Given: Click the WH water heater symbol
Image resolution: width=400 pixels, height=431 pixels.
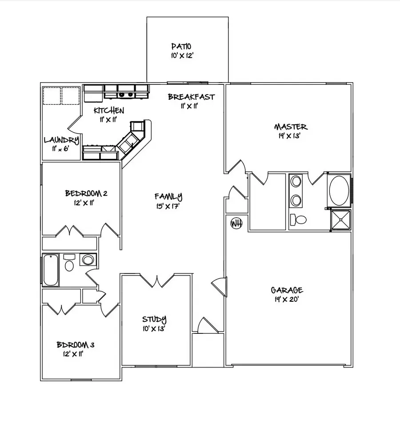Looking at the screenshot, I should point(236,223).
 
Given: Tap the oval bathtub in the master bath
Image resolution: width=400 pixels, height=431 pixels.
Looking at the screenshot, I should point(339,191).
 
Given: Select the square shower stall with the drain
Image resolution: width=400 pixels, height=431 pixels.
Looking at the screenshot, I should point(341,219).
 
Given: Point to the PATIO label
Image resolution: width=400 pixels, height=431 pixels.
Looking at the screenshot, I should point(182,47).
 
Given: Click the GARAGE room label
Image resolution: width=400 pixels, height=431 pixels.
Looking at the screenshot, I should point(287,290).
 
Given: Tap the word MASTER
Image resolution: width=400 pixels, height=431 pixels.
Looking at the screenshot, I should point(290,127).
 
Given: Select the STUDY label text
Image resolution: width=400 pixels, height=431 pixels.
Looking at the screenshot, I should point(154,319).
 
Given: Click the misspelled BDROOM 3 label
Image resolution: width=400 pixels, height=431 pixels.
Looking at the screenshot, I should point(75,345).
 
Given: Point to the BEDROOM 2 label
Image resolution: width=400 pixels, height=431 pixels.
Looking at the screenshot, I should point(86,193).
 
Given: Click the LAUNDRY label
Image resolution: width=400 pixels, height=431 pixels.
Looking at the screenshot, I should point(61,140).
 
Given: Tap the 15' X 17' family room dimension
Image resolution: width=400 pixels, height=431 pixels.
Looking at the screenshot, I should point(168,206).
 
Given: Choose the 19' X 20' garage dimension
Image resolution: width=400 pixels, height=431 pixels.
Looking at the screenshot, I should point(287,300).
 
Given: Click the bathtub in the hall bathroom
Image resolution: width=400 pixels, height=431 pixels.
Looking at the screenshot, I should point(50,270).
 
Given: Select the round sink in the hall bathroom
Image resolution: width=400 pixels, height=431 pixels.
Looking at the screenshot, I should point(88,260).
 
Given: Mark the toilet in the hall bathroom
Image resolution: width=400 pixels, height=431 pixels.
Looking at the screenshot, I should point(69,265).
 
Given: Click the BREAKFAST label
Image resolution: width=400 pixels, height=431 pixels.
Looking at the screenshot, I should point(191,97).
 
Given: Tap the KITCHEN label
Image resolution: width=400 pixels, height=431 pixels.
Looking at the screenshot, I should point(109,111).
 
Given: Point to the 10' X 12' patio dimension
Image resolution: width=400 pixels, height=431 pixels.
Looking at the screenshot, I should point(181,56).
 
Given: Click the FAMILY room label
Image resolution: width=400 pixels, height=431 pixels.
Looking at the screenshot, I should point(168,196).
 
